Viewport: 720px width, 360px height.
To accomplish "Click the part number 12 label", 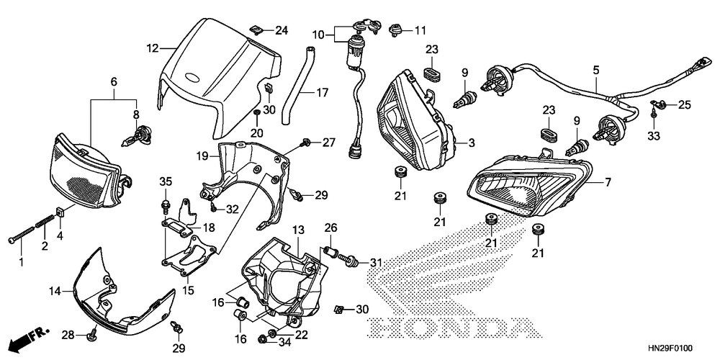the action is pos(153,48).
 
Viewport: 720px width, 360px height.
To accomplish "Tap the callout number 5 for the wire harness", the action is pos(596,71).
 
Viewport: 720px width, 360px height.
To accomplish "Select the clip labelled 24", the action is pos(258,30).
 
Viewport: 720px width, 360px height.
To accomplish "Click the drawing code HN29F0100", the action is pos(671,348).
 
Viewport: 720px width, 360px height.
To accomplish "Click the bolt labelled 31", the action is pos(349,261).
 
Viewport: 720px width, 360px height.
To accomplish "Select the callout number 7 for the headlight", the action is pos(608,183).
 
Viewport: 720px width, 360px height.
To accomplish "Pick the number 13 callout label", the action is pos(299,230).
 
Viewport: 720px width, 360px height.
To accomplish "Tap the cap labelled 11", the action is pos(395,30).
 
